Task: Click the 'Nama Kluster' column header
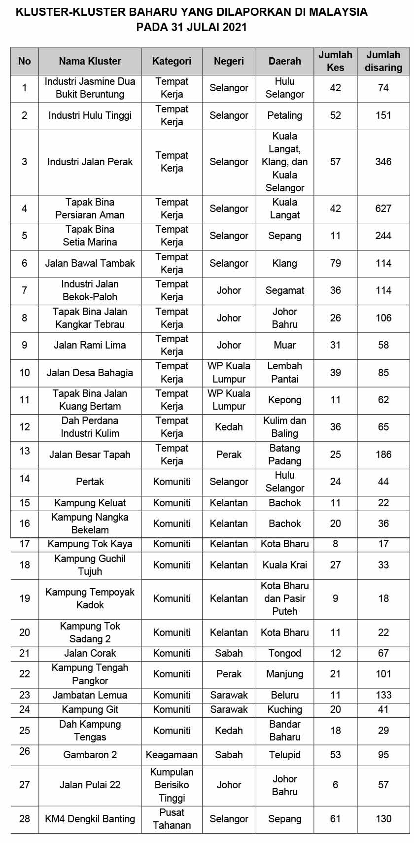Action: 90,61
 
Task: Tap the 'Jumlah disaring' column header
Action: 383,61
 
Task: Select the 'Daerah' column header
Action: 284,61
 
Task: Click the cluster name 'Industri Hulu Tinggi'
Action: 90,115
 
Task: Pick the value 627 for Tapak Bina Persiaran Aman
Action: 383,209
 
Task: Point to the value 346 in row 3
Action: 383,162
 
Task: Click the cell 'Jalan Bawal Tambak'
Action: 90,263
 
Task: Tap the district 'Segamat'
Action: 284,290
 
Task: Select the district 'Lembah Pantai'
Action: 284,372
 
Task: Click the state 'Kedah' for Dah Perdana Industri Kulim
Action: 229,427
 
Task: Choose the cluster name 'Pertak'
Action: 90,482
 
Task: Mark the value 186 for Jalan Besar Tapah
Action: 383,455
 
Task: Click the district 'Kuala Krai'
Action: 284,565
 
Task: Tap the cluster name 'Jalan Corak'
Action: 90,653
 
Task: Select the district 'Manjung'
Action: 284,674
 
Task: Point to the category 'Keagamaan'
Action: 172,755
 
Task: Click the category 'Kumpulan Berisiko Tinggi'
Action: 172,785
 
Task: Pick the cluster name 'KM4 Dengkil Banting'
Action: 90,819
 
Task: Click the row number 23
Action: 25,695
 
